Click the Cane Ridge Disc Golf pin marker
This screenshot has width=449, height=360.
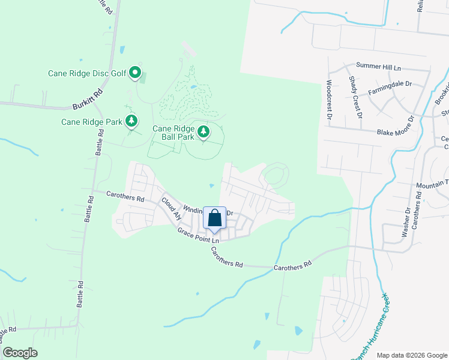(x=135, y=74)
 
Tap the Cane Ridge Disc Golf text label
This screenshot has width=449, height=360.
(x=88, y=74)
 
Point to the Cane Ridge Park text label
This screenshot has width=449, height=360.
(x=92, y=122)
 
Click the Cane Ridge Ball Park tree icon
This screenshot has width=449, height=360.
(x=203, y=131)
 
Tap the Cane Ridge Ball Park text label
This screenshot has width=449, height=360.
(x=173, y=133)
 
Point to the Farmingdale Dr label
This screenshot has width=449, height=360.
(x=390, y=87)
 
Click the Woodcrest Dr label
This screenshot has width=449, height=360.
(x=329, y=100)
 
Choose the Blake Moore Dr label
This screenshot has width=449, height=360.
(x=396, y=131)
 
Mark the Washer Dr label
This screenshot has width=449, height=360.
(x=408, y=220)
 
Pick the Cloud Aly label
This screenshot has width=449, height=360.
(x=170, y=206)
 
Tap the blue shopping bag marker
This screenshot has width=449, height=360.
(x=215, y=218)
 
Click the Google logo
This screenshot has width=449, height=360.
(x=20, y=353)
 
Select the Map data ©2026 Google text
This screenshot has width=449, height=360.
(x=412, y=355)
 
